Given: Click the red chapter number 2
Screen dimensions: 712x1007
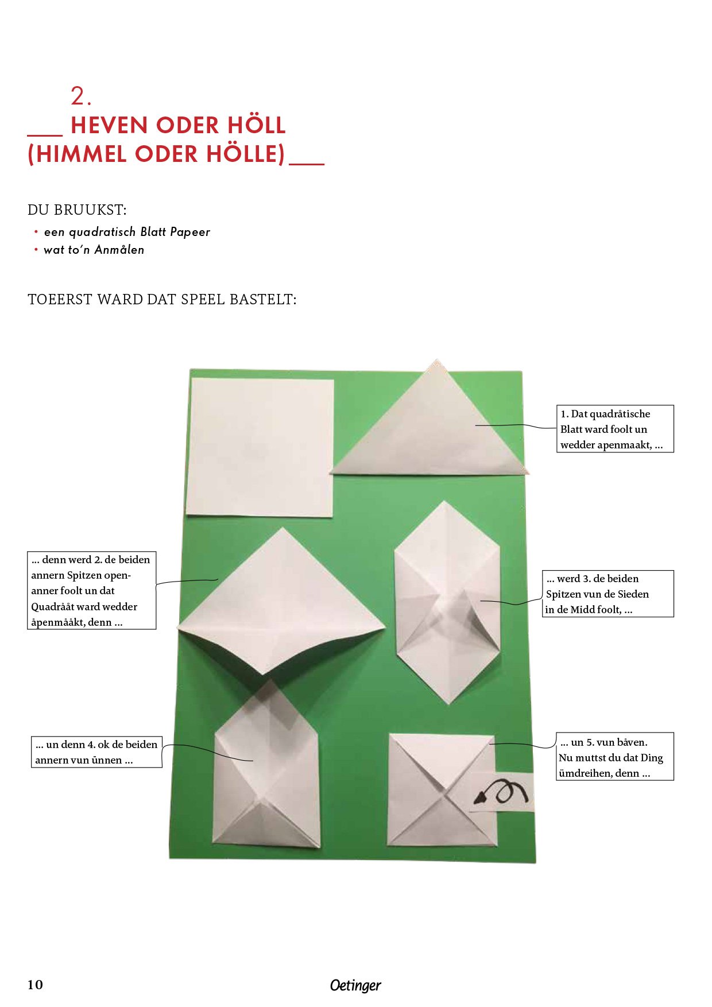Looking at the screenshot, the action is (x=80, y=96).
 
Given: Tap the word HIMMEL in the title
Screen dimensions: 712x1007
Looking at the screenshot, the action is (x=80, y=154).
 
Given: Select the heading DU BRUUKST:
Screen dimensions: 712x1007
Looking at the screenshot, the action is (x=77, y=210).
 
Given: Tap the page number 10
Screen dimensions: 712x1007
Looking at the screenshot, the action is (x=35, y=985).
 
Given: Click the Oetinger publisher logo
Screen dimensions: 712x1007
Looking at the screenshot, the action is (x=355, y=985).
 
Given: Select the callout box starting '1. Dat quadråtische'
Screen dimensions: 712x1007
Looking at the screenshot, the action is (x=615, y=429).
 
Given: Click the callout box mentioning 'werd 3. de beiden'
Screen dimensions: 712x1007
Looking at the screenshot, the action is (x=608, y=594).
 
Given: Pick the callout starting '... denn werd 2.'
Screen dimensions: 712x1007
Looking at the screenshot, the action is (x=92, y=591).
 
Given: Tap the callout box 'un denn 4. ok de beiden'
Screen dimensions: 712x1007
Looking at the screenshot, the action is (x=96, y=752).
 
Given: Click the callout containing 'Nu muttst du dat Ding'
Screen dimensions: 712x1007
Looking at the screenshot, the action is (x=615, y=757).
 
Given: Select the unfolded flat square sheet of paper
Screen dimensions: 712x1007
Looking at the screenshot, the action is (x=260, y=448).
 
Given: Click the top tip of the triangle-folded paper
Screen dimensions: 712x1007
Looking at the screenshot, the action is (x=437, y=361).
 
